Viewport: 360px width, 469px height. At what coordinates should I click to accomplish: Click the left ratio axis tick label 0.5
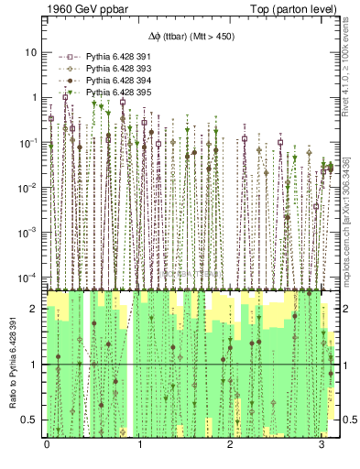coord(32,420)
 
